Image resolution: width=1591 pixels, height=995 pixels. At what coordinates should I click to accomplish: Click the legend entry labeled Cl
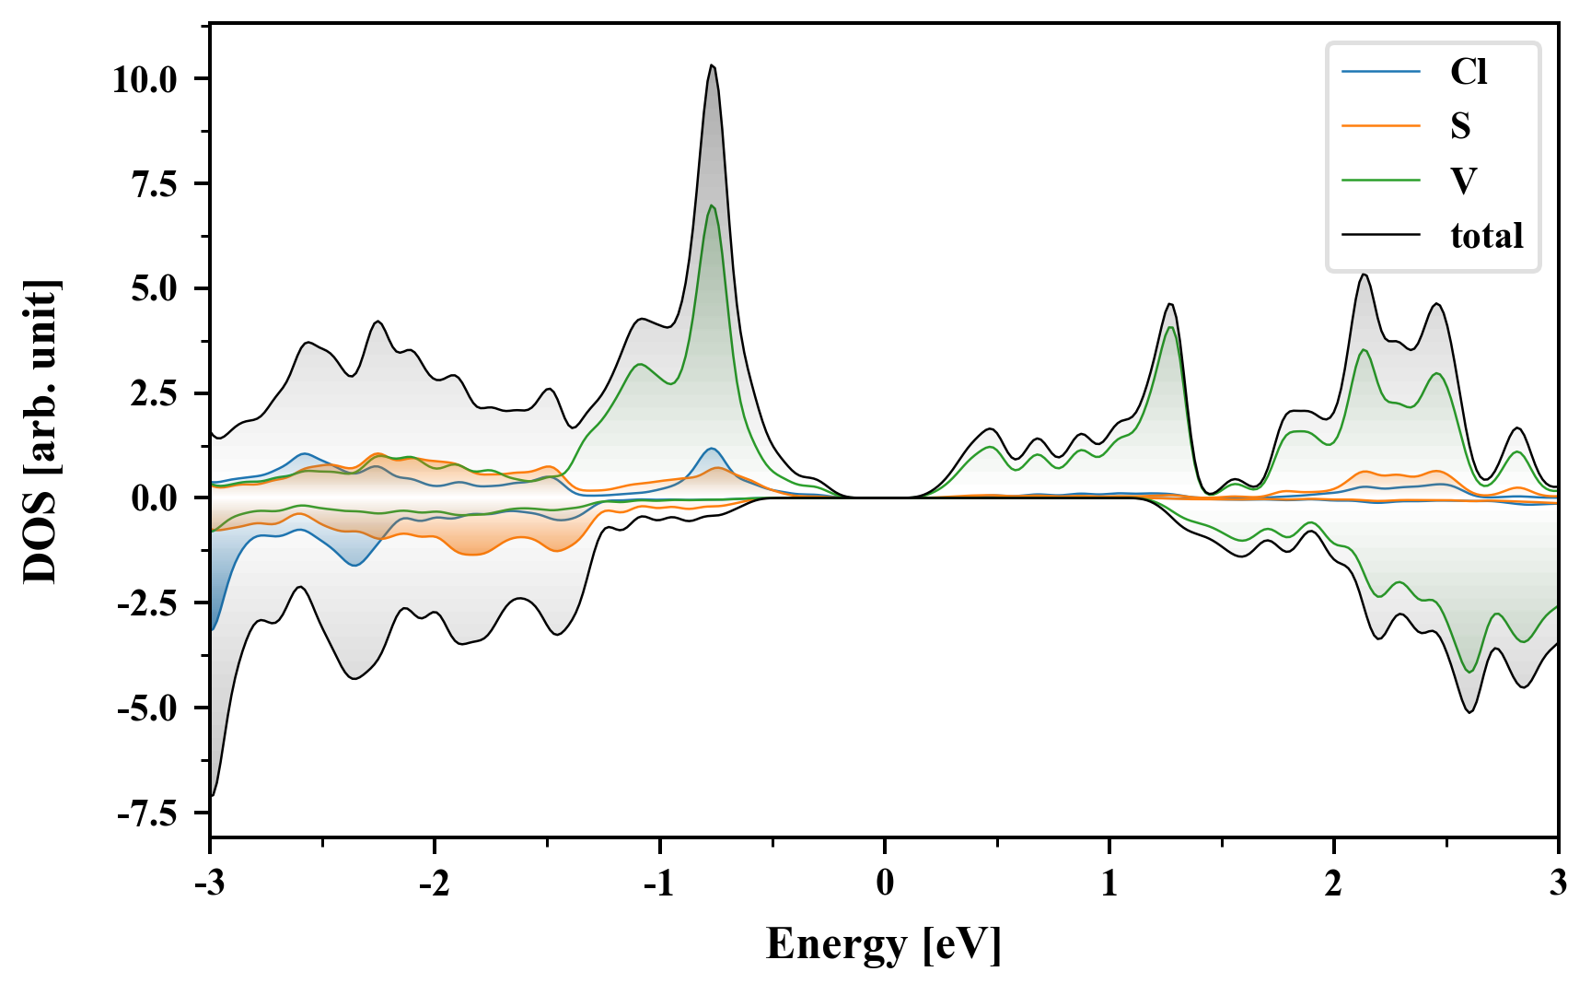coord(1468,72)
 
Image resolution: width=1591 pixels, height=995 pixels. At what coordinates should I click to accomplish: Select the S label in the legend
coord(1460,126)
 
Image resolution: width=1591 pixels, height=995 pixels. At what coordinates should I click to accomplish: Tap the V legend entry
coord(1463,181)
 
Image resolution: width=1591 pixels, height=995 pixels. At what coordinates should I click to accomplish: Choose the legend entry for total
coord(1486,236)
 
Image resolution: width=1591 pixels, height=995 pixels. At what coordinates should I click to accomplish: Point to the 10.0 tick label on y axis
coord(145,79)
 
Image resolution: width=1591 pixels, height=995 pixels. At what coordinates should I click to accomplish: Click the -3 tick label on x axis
coord(210,884)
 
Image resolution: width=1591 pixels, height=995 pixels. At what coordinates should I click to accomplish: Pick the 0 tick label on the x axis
coord(885,884)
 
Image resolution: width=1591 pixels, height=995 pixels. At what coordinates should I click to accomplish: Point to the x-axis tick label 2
coord(1333,884)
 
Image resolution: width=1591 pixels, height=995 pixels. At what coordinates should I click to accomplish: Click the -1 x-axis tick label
coord(659,884)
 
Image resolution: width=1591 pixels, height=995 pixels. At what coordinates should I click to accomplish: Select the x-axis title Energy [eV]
coord(883,944)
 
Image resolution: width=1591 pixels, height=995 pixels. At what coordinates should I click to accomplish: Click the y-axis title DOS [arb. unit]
coord(41,431)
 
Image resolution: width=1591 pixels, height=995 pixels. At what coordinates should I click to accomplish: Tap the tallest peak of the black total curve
coord(712,65)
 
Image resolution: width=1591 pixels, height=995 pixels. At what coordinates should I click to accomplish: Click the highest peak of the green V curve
coord(712,205)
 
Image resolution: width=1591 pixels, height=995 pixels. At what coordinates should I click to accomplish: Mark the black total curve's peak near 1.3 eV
coord(1170,304)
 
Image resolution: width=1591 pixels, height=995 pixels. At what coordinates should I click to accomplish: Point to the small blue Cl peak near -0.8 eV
coord(712,449)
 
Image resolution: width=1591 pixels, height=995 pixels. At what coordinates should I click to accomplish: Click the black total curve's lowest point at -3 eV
coord(213,795)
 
